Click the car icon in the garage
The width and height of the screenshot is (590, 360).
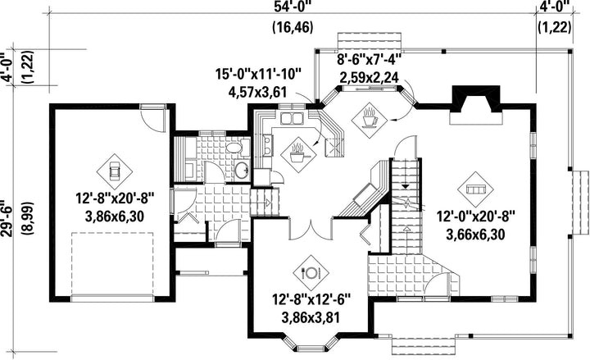[x=115, y=171]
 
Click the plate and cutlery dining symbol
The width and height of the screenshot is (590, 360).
[x=311, y=272]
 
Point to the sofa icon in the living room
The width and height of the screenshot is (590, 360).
[x=475, y=189]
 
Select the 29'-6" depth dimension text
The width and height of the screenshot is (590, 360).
[x=7, y=218]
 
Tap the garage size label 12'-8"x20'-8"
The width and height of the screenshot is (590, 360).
[x=116, y=198]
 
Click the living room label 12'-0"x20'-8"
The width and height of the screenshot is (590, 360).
[x=475, y=216]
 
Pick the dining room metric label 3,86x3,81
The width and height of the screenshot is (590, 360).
[x=311, y=317]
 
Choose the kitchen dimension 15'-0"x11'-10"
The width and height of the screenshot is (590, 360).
[x=258, y=74]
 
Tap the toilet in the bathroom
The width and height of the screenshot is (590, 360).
[x=238, y=148]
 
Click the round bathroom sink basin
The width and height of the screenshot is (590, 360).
[x=242, y=171]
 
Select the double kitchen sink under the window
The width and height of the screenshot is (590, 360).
[x=292, y=118]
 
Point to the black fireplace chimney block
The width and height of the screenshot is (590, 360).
[x=475, y=98]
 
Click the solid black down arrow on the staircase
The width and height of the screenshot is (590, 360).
[x=406, y=185]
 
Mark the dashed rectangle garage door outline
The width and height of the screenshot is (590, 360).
[x=112, y=263]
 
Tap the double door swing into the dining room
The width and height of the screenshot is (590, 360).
[x=311, y=229]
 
